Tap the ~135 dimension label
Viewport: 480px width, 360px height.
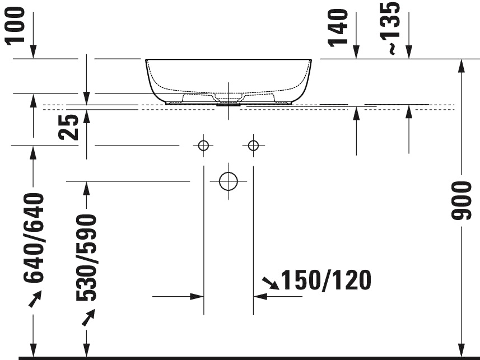(x=393, y=27)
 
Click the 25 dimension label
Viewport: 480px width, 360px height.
(x=69, y=128)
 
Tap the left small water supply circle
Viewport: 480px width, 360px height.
(x=203, y=146)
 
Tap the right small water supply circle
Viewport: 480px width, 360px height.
(x=253, y=146)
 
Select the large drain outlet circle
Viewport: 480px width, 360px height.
(x=228, y=181)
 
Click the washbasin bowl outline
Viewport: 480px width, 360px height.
(x=229, y=78)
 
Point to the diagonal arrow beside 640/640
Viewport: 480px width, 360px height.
(x=35, y=300)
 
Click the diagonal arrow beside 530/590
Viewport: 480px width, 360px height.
(x=87, y=319)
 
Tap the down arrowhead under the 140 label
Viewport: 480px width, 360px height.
(x=357, y=53)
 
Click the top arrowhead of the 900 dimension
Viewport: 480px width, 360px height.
(x=462, y=65)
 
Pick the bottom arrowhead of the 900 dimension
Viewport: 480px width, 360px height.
(x=462, y=349)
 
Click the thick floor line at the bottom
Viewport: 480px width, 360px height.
(x=246, y=357)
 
